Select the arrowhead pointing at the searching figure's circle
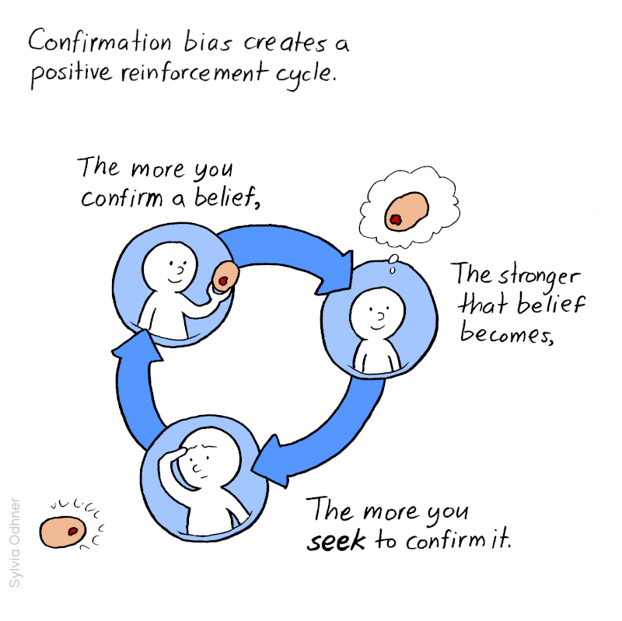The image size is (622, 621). pos(272,459)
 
